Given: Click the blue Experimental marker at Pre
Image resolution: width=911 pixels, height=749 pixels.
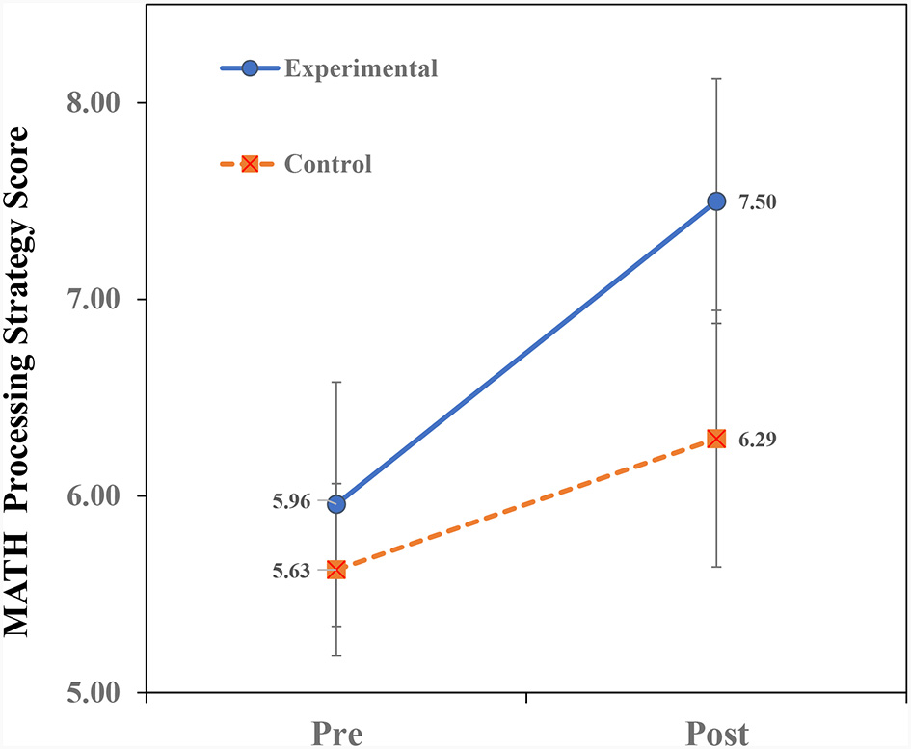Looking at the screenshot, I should pos(336,504).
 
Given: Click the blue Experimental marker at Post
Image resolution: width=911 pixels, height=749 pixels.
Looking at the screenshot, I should pos(716,201).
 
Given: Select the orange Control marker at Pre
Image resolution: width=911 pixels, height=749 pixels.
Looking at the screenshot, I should pos(336,570).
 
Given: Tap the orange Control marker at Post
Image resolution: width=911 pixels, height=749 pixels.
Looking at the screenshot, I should pos(716,439).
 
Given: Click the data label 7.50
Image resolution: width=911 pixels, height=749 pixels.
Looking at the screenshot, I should pos(757,202).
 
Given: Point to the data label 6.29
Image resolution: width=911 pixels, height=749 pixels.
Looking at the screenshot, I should pos(757,440).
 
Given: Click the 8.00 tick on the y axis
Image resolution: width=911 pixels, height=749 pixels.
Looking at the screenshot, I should pos(100,103).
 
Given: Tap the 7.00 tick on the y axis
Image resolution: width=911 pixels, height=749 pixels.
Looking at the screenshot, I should pos(100,300).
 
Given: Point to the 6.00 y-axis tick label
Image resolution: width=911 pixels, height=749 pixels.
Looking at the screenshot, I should pos(100,496).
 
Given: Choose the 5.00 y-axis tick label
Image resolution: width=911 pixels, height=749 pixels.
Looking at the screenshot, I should pos(100,693).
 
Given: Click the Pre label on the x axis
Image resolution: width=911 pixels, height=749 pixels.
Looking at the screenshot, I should pos(336,732).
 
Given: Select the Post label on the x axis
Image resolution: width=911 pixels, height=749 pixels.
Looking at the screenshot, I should pos(716,732).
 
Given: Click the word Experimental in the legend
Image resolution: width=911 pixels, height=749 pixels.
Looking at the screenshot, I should pos(362,68).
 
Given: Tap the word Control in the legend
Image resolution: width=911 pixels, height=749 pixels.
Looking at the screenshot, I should pos(328,164).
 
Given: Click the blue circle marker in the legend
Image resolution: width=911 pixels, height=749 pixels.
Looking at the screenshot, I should pos(250,68).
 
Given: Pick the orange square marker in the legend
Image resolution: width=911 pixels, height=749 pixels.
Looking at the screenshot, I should pos(250,164).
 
